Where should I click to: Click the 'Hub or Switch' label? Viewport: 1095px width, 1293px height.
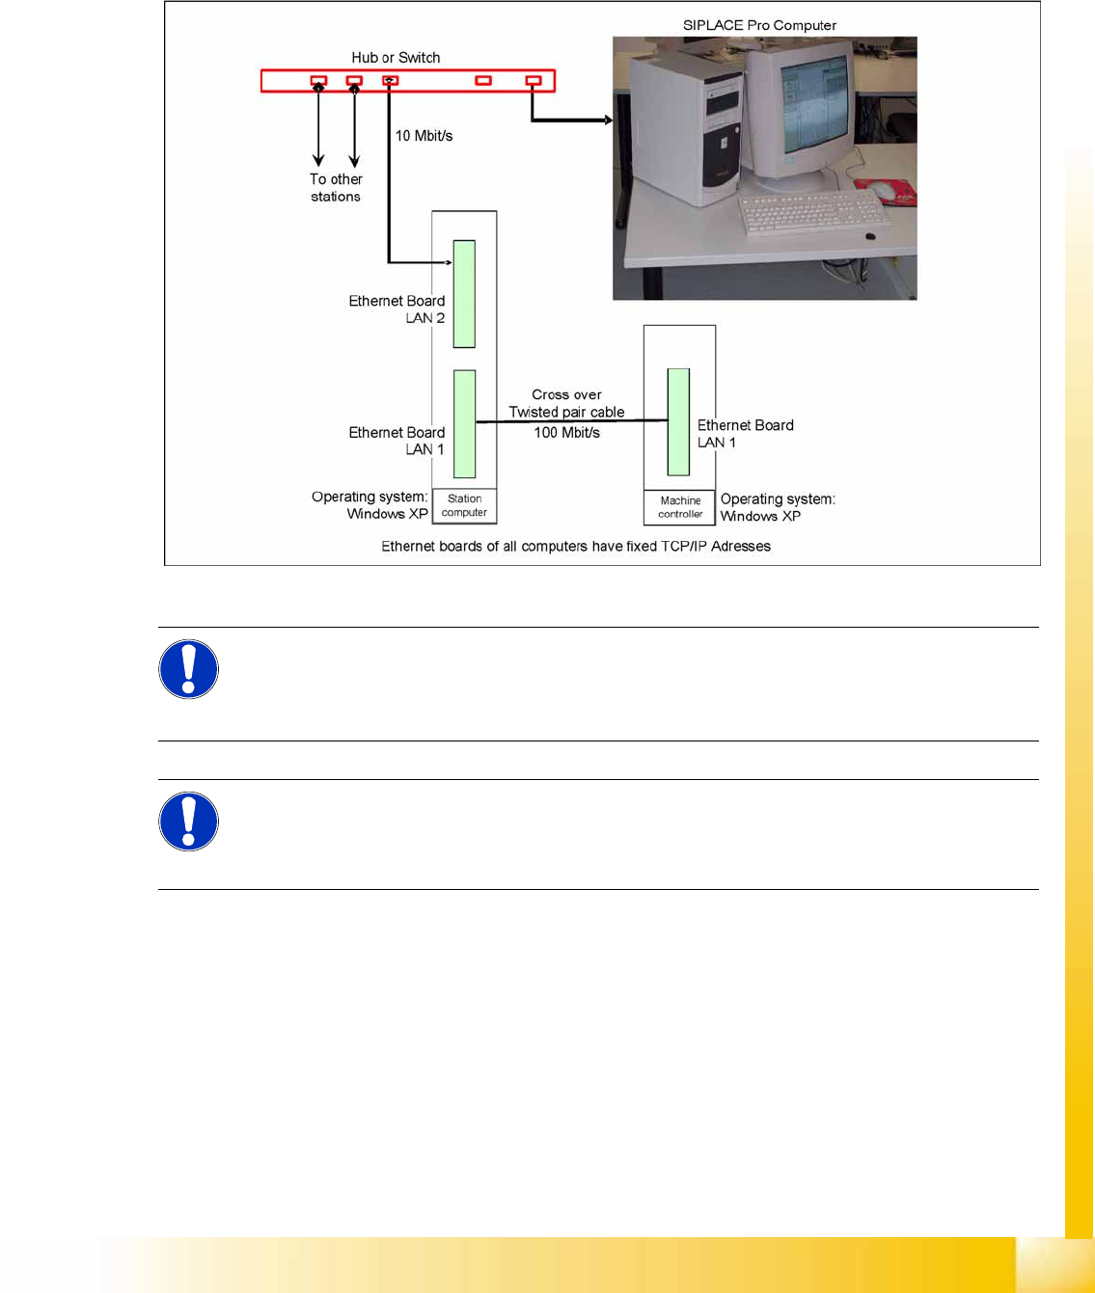pyautogui.click(x=396, y=58)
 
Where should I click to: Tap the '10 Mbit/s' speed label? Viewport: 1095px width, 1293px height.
pyautogui.click(x=424, y=136)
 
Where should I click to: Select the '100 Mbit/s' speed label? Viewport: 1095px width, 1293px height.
pyautogui.click(x=566, y=433)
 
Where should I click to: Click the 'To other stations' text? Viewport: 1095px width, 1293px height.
pyautogui.click(x=336, y=188)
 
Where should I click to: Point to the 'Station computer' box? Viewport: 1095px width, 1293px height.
pyautogui.click(x=464, y=506)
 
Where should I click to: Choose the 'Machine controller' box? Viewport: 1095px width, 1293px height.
pyautogui.click(x=680, y=507)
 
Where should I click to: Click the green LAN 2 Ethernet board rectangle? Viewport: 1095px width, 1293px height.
pyautogui.click(x=464, y=293)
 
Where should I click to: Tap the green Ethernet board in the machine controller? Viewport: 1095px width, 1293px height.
pyautogui.click(x=678, y=421)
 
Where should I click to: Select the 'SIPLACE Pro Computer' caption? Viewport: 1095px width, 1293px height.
pyautogui.click(x=759, y=25)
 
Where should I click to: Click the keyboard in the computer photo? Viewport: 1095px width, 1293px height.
pyautogui.click(x=812, y=211)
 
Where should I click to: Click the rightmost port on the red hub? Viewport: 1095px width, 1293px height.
pyautogui.click(x=534, y=81)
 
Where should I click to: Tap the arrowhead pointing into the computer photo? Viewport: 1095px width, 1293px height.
pyautogui.click(x=608, y=121)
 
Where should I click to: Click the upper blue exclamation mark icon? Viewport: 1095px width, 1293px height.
pyautogui.click(x=188, y=669)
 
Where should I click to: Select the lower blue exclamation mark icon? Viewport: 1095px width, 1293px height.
pyautogui.click(x=188, y=822)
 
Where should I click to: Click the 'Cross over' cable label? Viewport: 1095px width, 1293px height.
pyautogui.click(x=566, y=394)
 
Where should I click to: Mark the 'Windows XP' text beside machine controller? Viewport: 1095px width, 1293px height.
pyautogui.click(x=760, y=516)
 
